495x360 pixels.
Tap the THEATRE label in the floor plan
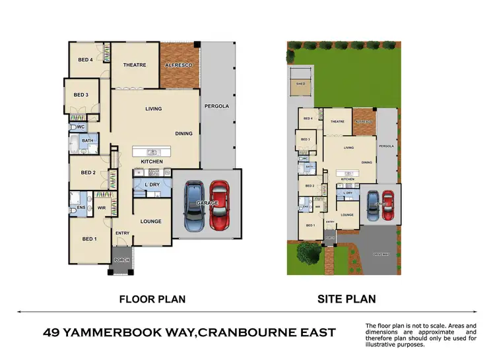(x=134, y=65)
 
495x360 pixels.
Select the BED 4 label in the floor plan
(x=86, y=60)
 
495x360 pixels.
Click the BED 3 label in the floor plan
(x=81, y=95)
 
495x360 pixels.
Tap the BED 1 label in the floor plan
(x=88, y=239)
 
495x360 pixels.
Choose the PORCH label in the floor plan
(x=122, y=260)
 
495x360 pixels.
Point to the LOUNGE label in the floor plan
(x=151, y=221)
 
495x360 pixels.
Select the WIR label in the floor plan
(x=102, y=195)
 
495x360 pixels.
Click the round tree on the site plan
(x=308, y=252)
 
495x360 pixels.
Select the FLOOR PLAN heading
(x=152, y=299)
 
